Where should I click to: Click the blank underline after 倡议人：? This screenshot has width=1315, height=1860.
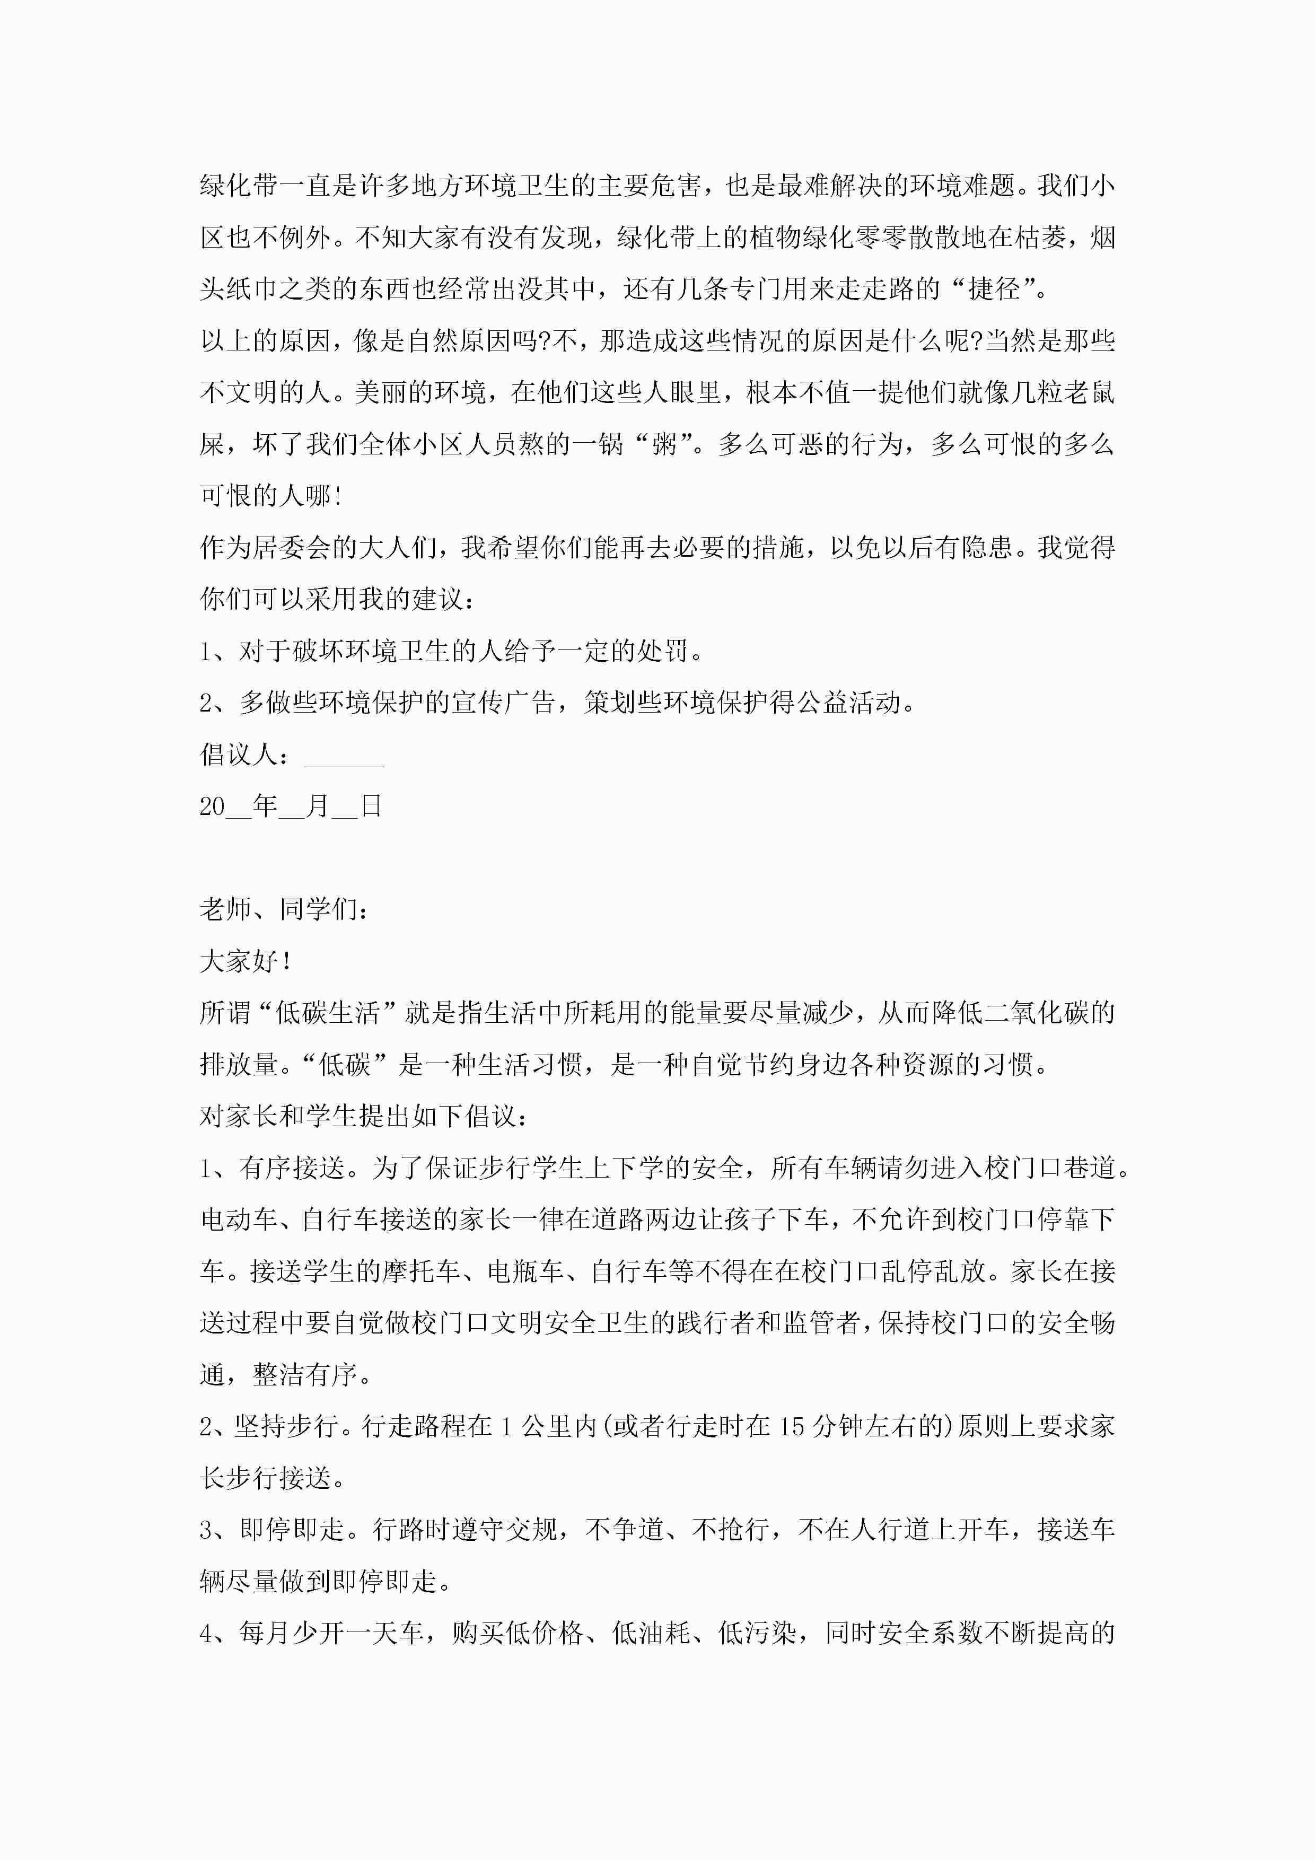[x=344, y=756]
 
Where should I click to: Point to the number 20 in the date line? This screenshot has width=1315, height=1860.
[x=212, y=807]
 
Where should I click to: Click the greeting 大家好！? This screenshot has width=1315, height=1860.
[x=244, y=962]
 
